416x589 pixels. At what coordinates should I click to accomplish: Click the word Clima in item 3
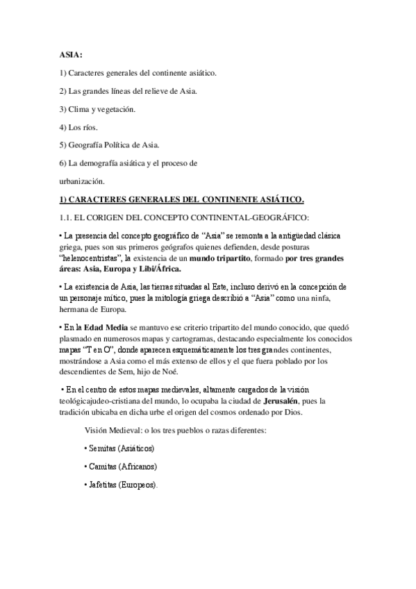tap(80, 109)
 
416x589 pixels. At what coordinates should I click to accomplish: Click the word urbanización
tap(81, 181)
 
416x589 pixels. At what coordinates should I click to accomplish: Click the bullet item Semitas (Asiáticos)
tap(119, 448)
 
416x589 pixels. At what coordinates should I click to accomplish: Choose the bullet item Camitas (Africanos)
tap(119, 466)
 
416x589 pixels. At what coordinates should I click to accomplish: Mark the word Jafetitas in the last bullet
tap(101, 484)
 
